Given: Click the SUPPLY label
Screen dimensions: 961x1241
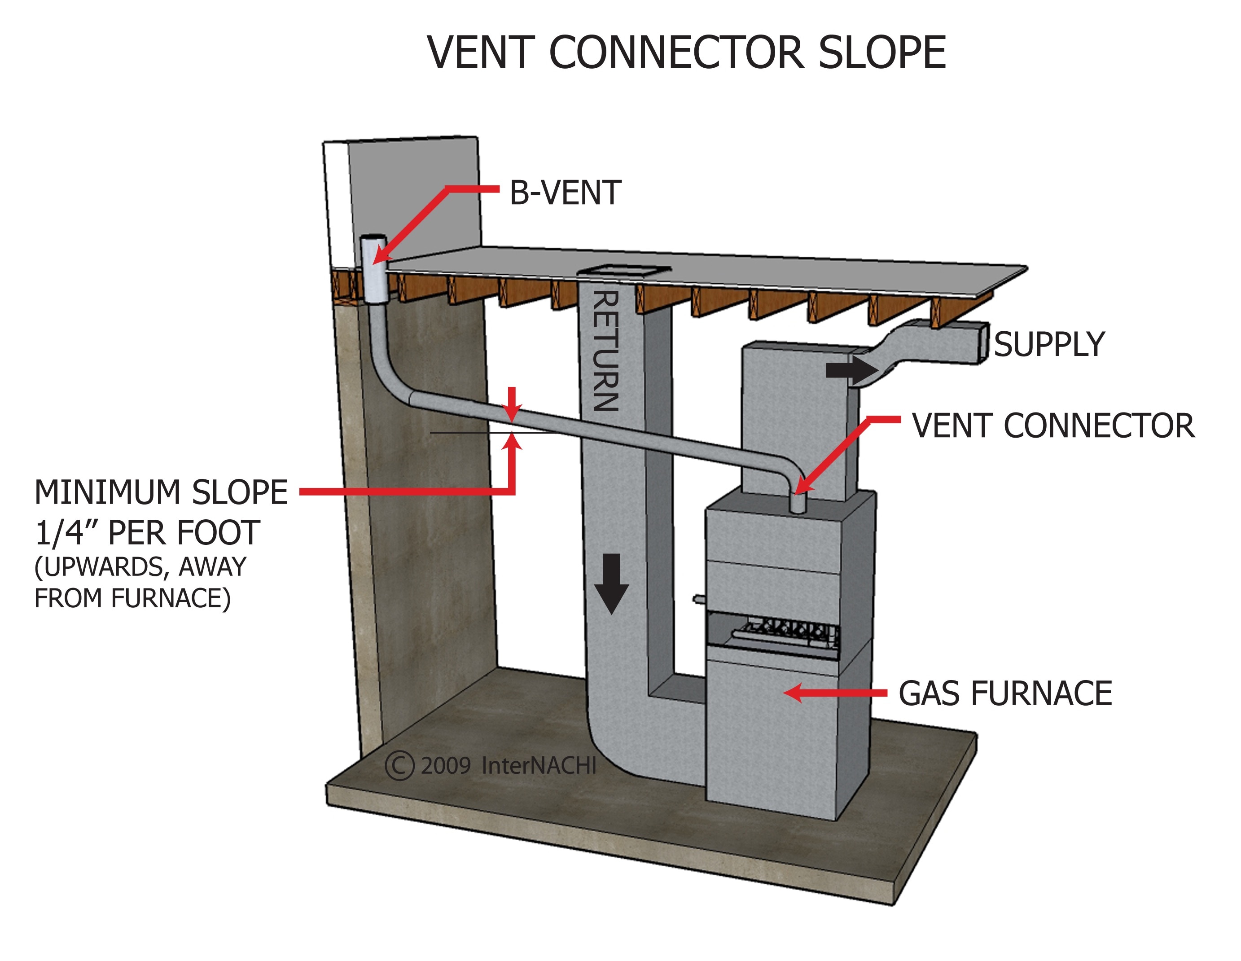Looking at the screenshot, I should coord(1049,344).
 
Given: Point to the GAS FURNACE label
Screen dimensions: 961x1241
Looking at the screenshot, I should coord(1004,693).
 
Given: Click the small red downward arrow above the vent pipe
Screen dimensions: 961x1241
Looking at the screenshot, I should coord(513,404).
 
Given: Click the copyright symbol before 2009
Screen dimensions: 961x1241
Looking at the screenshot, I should coord(399,765).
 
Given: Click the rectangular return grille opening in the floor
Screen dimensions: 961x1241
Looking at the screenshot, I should coord(624,270).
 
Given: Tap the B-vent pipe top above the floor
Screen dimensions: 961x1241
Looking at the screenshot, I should coord(373,239).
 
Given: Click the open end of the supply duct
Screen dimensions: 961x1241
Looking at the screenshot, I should coord(983,342).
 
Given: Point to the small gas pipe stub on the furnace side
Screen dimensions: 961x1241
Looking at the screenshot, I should coord(698,598).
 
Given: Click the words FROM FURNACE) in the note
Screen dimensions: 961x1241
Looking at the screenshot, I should coord(132,598).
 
